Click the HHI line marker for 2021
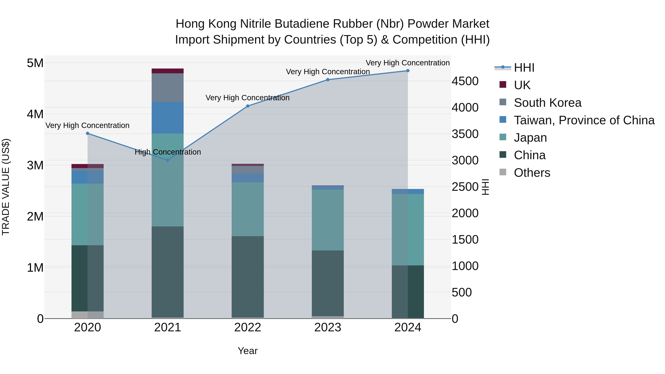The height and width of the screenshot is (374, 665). [168, 160]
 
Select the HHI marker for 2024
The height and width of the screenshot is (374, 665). [408, 71]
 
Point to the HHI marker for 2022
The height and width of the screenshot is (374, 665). [248, 106]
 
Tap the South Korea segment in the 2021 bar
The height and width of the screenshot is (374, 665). [168, 88]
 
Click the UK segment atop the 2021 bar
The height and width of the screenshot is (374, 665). [168, 71]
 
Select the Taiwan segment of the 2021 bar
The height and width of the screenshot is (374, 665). [168, 118]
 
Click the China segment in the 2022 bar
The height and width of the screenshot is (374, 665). [248, 277]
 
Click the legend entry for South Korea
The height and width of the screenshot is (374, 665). [547, 103]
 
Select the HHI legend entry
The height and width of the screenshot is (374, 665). [524, 68]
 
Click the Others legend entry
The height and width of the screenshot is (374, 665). [532, 173]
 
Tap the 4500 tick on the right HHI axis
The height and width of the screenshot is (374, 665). [465, 81]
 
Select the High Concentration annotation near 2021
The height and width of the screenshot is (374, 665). [168, 152]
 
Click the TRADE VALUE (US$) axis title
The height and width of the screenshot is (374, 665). [6, 187]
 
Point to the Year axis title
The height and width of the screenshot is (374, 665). [248, 351]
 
